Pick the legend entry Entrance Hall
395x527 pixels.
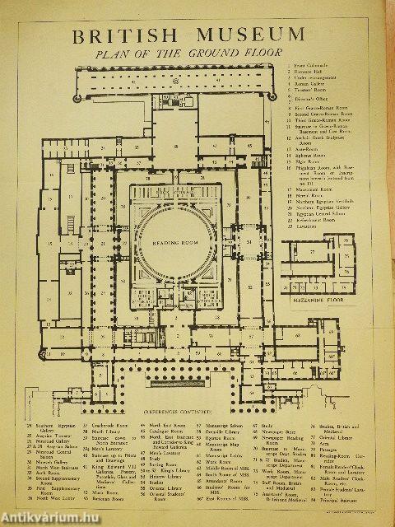click(x=308, y=72)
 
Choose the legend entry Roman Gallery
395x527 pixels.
click(x=309, y=83)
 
